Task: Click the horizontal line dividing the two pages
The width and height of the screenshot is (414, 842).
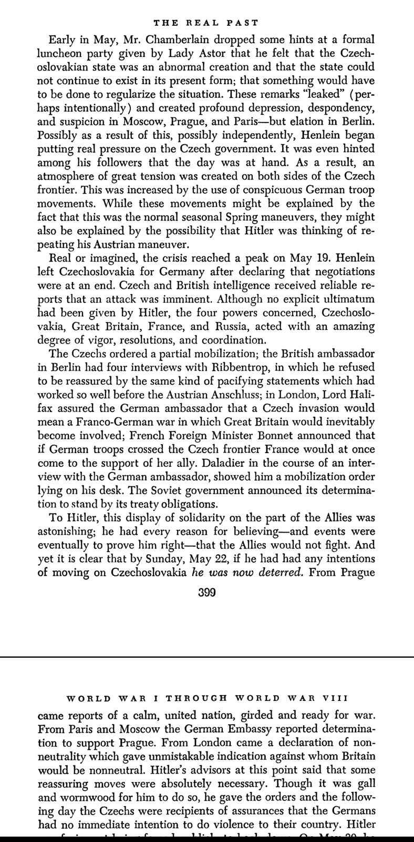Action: pyautogui.click(x=207, y=657)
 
